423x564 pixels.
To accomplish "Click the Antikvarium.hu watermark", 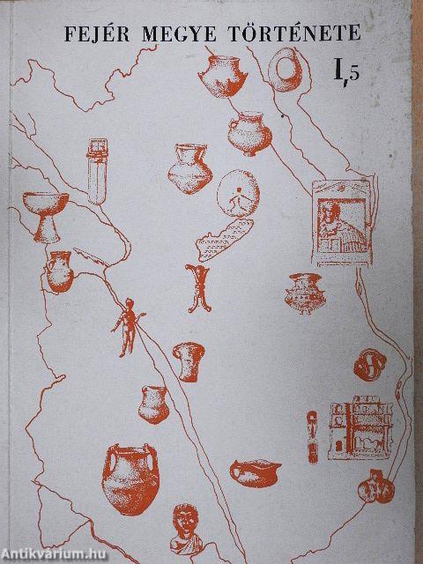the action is pos(53,553).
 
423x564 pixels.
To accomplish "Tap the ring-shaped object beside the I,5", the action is pos(286,70).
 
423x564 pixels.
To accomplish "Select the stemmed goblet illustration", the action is pos(45,217).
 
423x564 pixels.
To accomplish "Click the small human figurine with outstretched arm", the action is pos(128,327).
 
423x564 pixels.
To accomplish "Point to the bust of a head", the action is pos(186,529).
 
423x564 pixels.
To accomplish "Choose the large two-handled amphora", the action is pos(130,479).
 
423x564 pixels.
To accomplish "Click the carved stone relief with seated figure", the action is pos(343,223).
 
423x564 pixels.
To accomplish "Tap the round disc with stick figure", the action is pos(238,193).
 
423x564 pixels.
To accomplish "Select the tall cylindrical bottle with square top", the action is pos(97,171).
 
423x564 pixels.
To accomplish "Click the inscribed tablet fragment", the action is pos(224,240).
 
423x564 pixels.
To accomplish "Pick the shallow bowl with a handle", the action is pos(256,473).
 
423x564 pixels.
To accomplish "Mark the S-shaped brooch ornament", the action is pos(370,365).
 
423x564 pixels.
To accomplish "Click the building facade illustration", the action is pos(360,427).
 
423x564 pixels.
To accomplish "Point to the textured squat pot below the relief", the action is pos(305,293).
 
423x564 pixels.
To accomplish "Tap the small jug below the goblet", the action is pos(60,271).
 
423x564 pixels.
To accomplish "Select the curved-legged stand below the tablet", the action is pos(198,288).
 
